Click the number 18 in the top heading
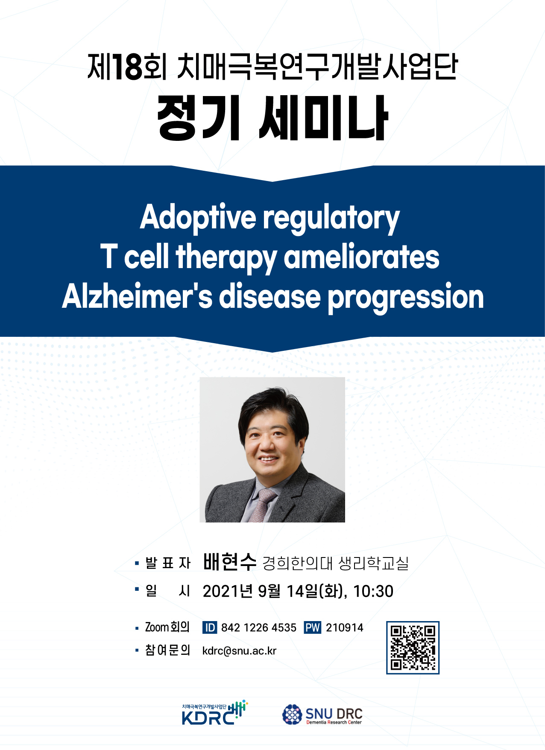[x=127, y=67]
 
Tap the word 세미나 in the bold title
[x=323, y=118]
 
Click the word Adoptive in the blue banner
[x=198, y=218]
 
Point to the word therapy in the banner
[x=226, y=257]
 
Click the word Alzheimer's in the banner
[x=137, y=296]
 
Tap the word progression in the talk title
[x=406, y=297]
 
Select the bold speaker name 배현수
[x=229, y=562]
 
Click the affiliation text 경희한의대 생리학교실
[x=335, y=563]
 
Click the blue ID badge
[x=210, y=627]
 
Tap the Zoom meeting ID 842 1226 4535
[x=259, y=627]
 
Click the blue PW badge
[x=312, y=627]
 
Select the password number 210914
[x=345, y=627]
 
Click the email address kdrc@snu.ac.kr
[x=239, y=651]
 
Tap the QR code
[x=413, y=648]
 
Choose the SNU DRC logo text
[x=334, y=714]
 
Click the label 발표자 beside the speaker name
[x=168, y=563]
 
